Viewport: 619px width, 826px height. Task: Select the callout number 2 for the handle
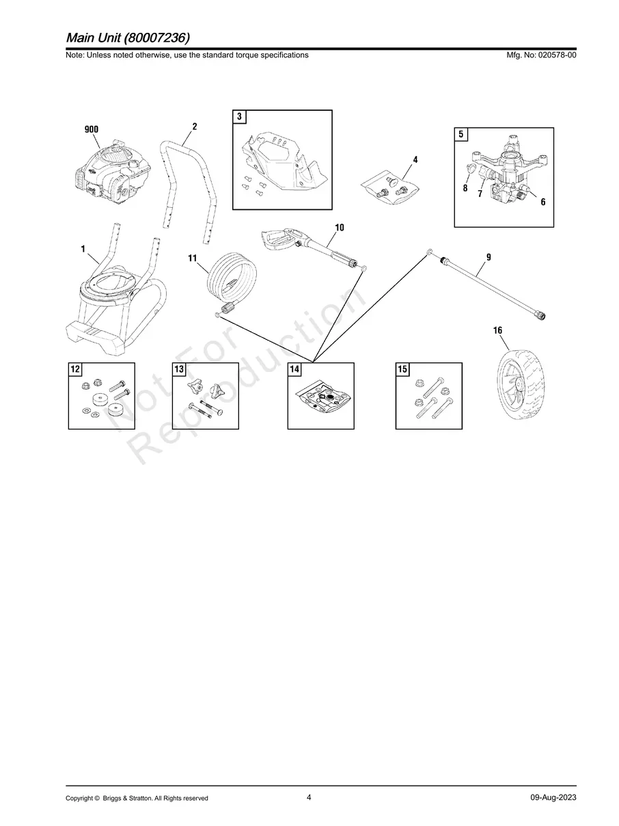point(194,126)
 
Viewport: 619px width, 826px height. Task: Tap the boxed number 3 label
point(239,117)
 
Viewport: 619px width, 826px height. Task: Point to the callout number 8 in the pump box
point(465,188)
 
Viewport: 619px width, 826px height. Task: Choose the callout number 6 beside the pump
point(542,202)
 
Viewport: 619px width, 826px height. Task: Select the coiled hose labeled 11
point(232,282)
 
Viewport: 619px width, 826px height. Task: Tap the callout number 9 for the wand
point(489,257)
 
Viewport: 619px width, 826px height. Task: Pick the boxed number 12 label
point(75,369)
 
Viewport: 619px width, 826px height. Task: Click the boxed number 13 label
point(179,369)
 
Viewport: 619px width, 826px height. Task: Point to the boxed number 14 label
point(294,369)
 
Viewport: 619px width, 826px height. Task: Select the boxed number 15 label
point(402,369)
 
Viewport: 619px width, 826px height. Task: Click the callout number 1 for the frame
point(83,249)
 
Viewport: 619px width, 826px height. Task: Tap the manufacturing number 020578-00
point(558,55)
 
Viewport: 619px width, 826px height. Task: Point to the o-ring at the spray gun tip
point(363,269)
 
